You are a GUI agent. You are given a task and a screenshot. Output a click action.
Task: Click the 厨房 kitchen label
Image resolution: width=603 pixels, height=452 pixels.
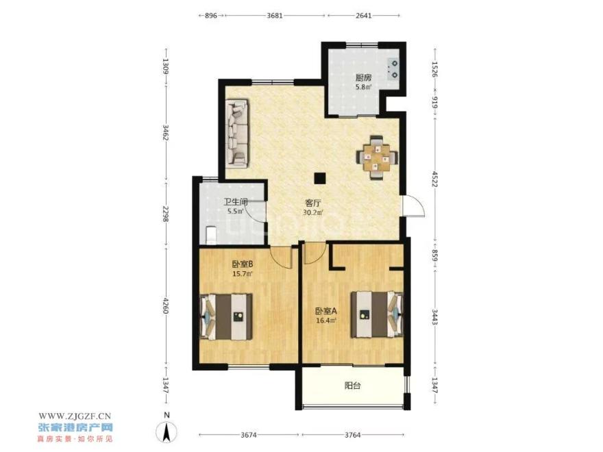tap(363, 77)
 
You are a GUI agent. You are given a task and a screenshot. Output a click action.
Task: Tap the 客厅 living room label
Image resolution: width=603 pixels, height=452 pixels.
tap(313, 203)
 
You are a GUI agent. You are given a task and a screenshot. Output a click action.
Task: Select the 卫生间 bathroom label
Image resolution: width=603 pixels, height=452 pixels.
tap(235, 201)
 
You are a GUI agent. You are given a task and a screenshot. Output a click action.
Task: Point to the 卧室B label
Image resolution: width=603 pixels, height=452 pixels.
tap(242, 264)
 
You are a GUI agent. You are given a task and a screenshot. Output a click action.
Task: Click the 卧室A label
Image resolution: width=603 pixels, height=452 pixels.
tap(326, 310)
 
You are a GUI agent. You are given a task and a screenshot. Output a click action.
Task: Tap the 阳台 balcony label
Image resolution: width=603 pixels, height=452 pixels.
tap(352, 386)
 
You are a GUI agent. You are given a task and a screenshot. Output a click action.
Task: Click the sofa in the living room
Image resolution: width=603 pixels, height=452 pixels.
tap(236, 133)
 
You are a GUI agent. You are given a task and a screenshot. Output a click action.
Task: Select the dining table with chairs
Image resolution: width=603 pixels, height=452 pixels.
tap(377, 157)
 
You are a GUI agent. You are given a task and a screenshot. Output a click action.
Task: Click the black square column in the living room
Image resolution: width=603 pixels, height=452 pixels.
tap(319, 178)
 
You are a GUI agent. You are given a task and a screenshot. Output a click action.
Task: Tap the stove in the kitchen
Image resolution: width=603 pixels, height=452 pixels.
tap(394, 69)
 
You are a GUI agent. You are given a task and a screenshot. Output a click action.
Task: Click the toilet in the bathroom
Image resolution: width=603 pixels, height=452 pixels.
tap(211, 236)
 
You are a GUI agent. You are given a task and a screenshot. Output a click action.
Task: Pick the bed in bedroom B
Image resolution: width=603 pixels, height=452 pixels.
tap(226, 316)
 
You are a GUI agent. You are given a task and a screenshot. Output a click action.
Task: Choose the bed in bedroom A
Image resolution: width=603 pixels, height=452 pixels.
tap(377, 314)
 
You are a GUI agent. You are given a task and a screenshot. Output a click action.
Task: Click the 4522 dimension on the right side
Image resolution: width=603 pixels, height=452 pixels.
tap(434, 180)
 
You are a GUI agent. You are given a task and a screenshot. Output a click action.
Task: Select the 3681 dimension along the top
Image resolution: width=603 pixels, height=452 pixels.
tap(275, 15)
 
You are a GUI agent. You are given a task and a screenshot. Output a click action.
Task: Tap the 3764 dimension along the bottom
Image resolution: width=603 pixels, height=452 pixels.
tap(353, 435)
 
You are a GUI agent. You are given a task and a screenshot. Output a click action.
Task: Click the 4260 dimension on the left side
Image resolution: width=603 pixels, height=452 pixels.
tap(166, 305)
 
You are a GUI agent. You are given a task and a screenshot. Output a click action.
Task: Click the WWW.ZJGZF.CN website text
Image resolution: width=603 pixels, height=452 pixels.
tap(75, 416)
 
